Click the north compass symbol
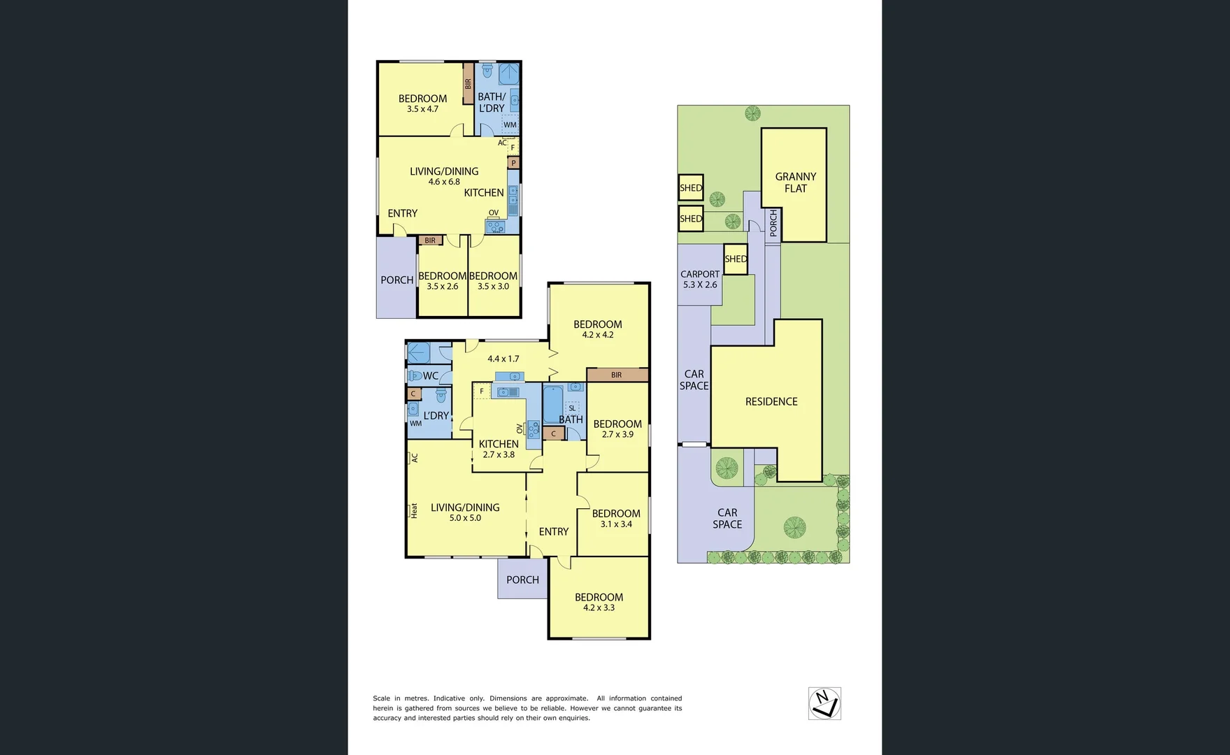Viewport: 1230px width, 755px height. [824, 703]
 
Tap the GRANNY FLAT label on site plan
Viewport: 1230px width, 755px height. [795, 182]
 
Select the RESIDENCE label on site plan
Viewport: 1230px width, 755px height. [771, 401]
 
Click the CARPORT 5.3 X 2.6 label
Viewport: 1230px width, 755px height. [699, 279]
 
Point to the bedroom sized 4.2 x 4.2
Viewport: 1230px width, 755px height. [597, 329]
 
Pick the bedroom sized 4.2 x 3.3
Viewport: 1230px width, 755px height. [599, 602]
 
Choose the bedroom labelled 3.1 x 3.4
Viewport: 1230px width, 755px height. [615, 518]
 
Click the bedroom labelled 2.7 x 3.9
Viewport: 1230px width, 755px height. [617, 429]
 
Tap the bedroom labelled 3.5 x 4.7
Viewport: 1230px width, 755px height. [422, 103]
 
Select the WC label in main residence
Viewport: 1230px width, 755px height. [430, 376]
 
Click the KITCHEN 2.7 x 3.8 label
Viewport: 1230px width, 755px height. [498, 449]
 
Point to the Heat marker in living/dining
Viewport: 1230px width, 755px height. [413, 510]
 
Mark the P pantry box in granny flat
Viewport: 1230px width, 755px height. [513, 163]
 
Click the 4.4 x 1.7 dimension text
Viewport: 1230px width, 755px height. [503, 359]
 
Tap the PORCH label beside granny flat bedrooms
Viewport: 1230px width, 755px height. [396, 280]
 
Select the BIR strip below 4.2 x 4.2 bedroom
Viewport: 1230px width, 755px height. [616, 375]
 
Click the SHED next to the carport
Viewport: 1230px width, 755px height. [736, 259]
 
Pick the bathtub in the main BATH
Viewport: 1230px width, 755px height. [552, 404]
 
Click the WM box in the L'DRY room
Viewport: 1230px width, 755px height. [415, 424]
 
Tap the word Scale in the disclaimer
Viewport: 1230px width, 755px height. [381, 698]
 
